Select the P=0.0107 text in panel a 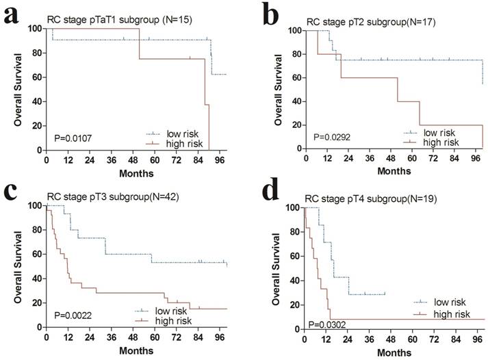(73, 138)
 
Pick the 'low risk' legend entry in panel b (439, 133)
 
